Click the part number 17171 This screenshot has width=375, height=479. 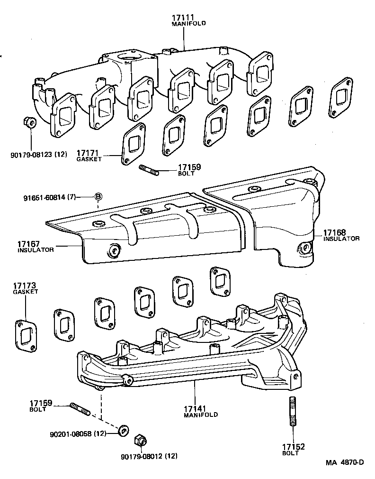(x=87, y=154)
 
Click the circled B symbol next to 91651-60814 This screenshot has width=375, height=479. (x=98, y=196)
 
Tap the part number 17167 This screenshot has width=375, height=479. (x=29, y=243)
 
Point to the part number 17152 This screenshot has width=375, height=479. (x=294, y=447)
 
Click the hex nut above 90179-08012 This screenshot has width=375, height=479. (x=141, y=441)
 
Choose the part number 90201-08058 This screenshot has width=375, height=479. (x=71, y=433)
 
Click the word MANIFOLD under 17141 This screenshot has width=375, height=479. (x=201, y=415)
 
